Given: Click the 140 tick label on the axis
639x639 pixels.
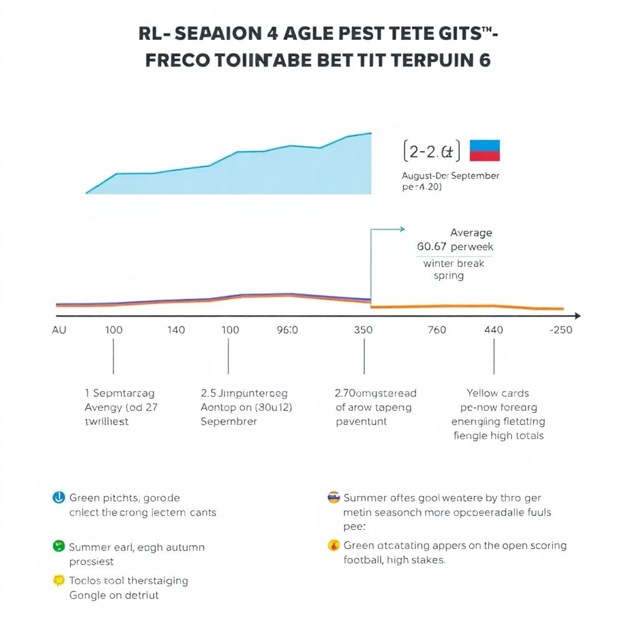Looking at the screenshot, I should coord(177,329).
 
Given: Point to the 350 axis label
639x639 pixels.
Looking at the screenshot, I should coord(363,329).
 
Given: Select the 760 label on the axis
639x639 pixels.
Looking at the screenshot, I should coord(437,329).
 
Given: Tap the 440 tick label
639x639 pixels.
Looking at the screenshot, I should coord(494,329).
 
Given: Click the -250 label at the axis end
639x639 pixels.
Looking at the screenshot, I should coord(560,329).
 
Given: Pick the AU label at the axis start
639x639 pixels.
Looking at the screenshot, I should coord(59,329).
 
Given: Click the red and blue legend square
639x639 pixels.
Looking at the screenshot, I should coord(484,150).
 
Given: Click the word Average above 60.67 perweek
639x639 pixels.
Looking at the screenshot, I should coord(471,233).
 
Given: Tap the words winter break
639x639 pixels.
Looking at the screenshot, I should coord(454,263).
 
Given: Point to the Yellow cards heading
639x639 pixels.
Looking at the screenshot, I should coord(498,393).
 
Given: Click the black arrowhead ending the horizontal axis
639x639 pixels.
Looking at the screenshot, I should coord(577,316).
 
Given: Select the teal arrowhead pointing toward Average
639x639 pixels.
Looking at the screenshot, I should coord(401,230).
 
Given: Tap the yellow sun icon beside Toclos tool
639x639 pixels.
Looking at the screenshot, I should coord(59,580).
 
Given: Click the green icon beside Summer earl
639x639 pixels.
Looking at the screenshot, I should coord(58,547).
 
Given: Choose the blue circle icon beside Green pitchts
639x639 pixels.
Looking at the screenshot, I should coord(58,497).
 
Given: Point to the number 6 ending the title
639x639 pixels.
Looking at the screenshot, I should coord(484,61).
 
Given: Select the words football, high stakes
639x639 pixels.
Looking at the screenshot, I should coord(394,560).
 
